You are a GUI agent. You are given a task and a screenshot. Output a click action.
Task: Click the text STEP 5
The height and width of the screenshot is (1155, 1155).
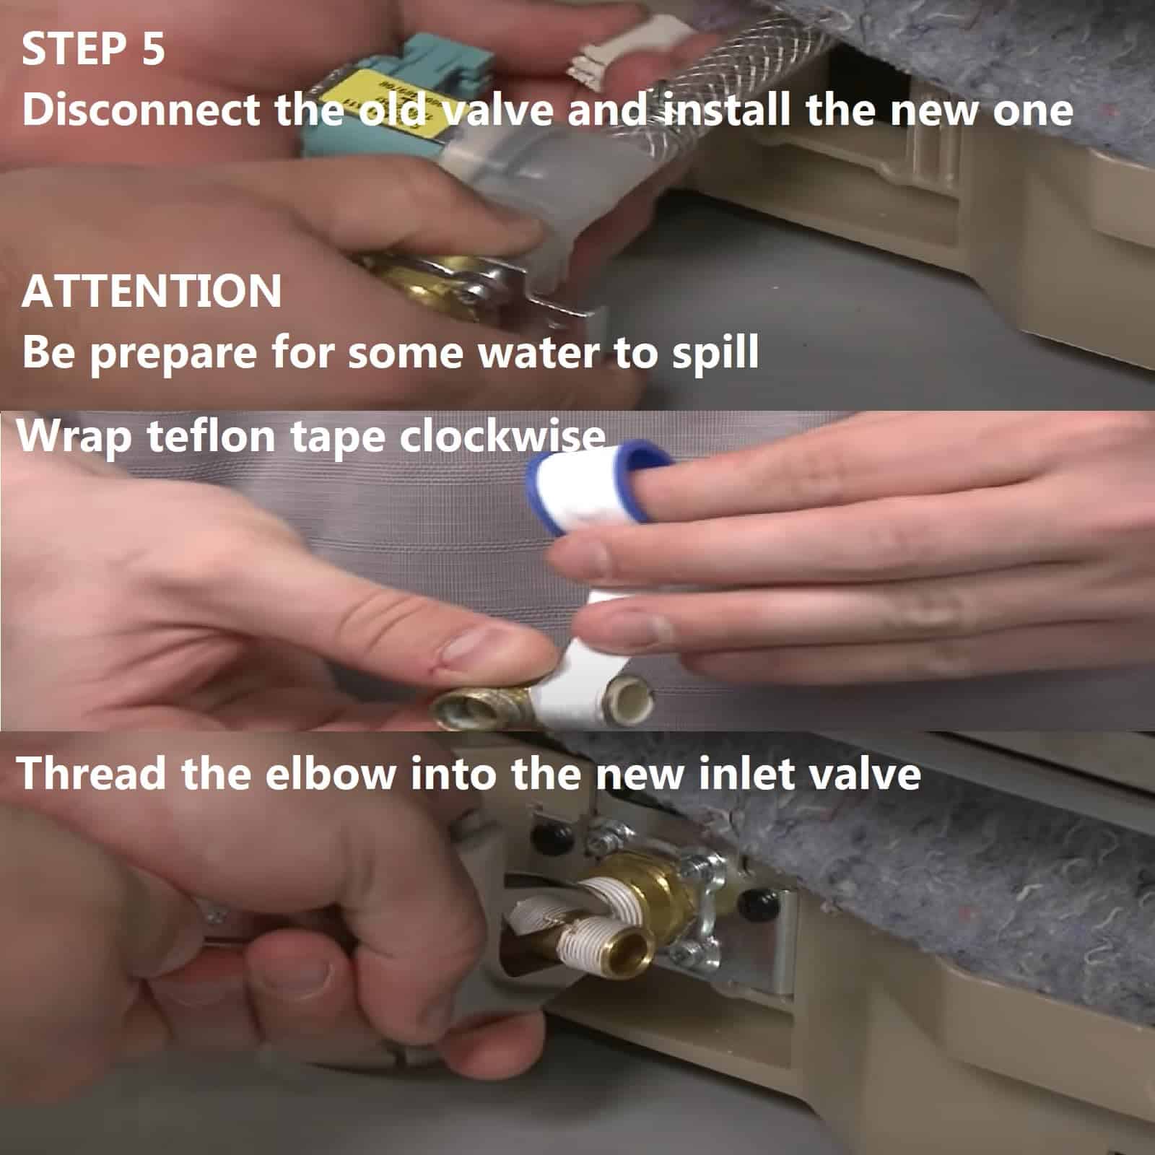pyautogui.click(x=93, y=49)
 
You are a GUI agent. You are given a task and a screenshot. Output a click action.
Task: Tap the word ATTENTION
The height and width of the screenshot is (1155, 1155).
pyautogui.click(x=152, y=291)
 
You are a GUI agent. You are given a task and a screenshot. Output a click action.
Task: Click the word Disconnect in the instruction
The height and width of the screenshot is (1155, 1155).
pyautogui.click(x=141, y=110)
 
